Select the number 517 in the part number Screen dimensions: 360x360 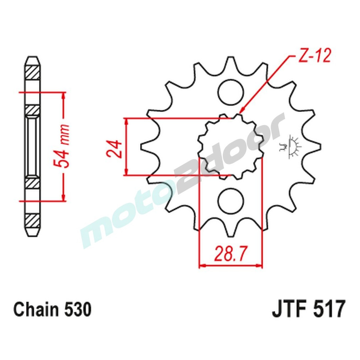tap(329, 309)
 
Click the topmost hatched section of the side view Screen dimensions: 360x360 tap(32, 73)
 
